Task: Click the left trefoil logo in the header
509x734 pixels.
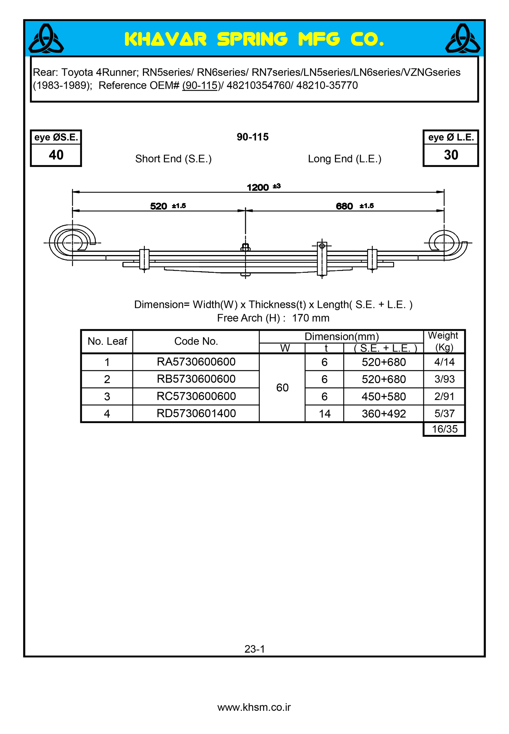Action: click(46, 39)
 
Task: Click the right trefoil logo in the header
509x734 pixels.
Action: click(462, 39)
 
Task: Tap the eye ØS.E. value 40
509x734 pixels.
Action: click(56, 155)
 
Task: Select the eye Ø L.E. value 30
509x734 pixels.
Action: click(451, 155)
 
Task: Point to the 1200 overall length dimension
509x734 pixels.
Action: click(258, 188)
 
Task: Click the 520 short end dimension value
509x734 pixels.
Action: click(159, 206)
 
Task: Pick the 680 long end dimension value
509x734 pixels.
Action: click(344, 206)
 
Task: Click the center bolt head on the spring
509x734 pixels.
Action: click(246, 247)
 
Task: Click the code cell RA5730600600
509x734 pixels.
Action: click(196, 362)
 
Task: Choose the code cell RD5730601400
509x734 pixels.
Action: click(196, 414)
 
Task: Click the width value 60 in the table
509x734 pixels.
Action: click(282, 388)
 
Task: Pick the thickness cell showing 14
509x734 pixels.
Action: click(324, 414)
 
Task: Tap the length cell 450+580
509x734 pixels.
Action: click(384, 397)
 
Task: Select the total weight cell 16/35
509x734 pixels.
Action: click(445, 429)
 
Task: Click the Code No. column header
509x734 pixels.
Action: click(196, 341)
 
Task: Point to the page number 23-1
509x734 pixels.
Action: click(255, 649)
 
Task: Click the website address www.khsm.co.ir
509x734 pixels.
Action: click(254, 707)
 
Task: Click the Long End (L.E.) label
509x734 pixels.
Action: click(344, 159)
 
